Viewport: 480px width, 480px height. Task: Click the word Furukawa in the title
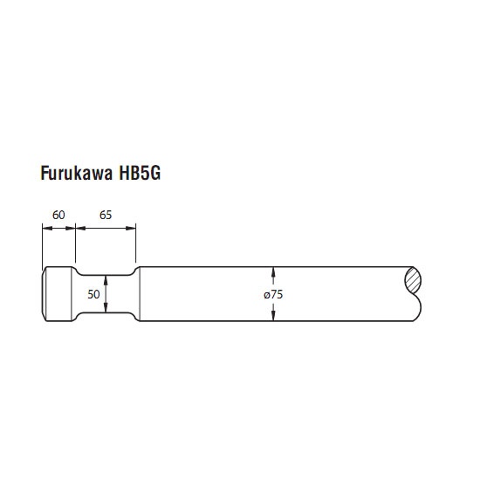coord(77,173)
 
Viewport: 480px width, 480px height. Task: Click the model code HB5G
coord(140,173)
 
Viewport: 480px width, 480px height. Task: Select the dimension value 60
coord(58,215)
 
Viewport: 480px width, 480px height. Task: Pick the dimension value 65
coord(106,215)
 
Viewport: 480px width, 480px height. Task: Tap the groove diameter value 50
coord(93,294)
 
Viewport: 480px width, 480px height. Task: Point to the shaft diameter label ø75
coord(273,294)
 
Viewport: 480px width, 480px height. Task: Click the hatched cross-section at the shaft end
coord(413,279)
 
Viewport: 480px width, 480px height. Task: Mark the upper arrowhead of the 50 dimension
coord(106,279)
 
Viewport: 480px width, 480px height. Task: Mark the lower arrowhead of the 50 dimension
coord(106,308)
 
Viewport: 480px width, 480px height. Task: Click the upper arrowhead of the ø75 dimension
coord(273,271)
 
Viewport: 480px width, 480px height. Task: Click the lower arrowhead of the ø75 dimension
coord(273,316)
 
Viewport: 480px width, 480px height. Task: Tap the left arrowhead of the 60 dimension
coord(47,228)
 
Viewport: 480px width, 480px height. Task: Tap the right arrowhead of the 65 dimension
coord(131,228)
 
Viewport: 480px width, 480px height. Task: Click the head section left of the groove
coord(58,294)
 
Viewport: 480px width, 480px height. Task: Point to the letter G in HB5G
coord(155,173)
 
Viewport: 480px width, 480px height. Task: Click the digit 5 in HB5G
coord(144,173)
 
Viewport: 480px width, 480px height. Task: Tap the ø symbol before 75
coord(266,295)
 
